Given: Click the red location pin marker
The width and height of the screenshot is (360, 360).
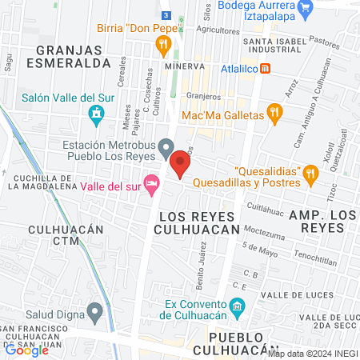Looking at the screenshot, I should click(x=180, y=166).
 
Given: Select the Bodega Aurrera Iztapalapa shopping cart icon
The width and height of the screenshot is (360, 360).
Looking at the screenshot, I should click(x=305, y=10).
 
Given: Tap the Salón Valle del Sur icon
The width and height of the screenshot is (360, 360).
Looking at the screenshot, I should click(x=98, y=115).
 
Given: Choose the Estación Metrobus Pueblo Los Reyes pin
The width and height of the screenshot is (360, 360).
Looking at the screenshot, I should click(x=166, y=146).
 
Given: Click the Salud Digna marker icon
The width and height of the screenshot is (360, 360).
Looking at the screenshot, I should click(x=96, y=310).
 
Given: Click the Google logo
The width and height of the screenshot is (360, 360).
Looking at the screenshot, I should click(x=26, y=350).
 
